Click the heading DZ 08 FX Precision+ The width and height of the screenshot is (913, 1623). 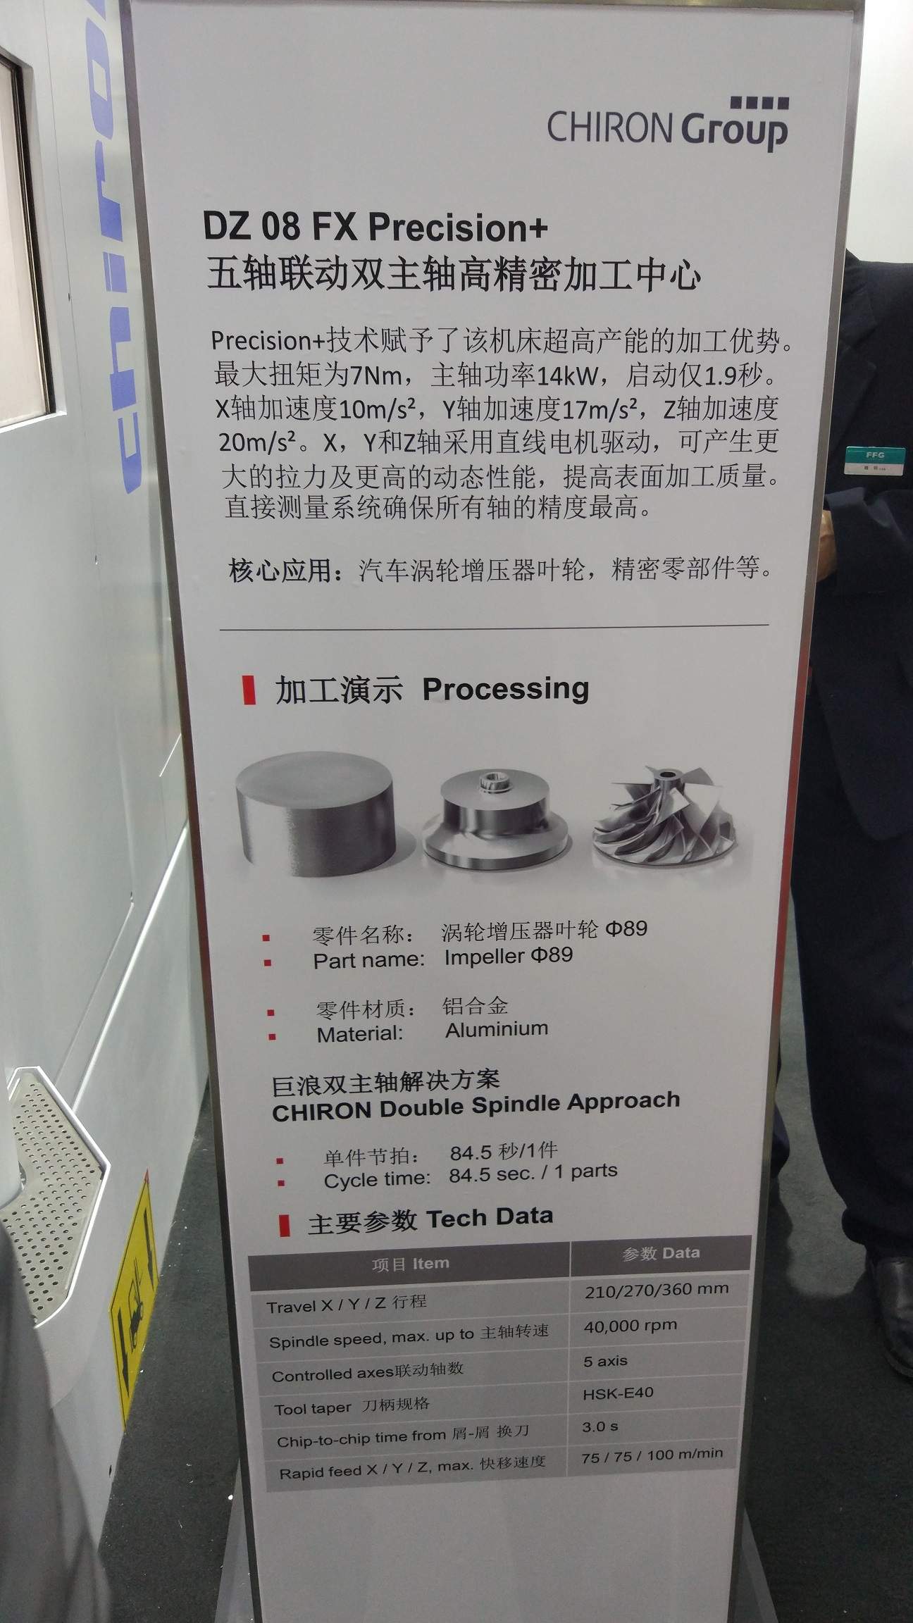[375, 227]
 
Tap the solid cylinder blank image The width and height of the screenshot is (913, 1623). [314, 815]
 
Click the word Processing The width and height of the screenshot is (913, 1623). [505, 689]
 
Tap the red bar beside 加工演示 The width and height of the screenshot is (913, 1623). [248, 690]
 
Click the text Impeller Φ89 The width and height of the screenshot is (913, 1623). [508, 957]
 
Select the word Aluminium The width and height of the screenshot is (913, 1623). [497, 1029]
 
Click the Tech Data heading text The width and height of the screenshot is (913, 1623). [490, 1217]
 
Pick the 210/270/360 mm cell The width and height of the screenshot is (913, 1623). [657, 1290]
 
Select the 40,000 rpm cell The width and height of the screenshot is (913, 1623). [631, 1326]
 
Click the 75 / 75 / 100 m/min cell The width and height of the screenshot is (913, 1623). [652, 1455]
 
